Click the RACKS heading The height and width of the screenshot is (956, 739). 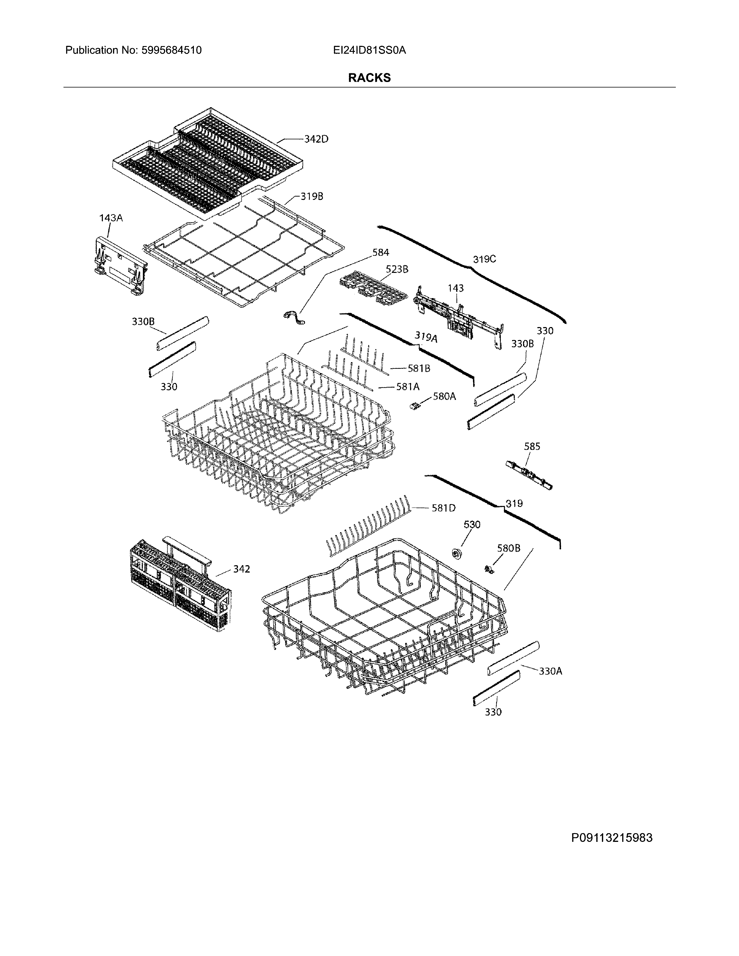click(369, 78)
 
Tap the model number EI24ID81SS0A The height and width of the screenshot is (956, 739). click(369, 50)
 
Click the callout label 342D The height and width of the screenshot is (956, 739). click(316, 139)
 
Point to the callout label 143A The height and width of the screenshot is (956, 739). click(111, 218)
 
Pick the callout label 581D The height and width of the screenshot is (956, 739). click(443, 508)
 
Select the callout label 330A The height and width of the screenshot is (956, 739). click(550, 671)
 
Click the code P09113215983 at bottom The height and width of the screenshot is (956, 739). click(611, 838)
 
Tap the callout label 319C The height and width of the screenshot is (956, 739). click(484, 259)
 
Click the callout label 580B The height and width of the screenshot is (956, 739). click(508, 548)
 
